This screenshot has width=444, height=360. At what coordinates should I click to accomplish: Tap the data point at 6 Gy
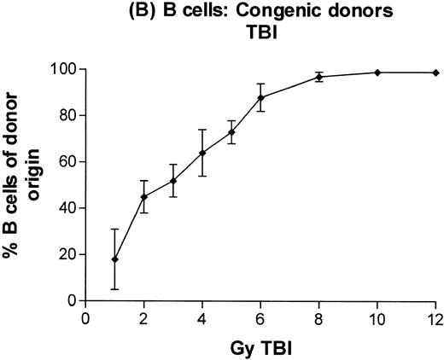tap(260, 97)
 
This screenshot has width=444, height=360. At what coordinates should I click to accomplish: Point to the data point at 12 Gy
tap(435, 73)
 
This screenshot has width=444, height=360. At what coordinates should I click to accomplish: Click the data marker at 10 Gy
tap(377, 73)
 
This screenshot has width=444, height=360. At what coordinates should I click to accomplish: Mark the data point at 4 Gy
tap(202, 153)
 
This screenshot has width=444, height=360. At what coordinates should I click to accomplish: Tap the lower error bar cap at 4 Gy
tap(202, 176)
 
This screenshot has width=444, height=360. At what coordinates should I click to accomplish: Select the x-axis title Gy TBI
tap(260, 348)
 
